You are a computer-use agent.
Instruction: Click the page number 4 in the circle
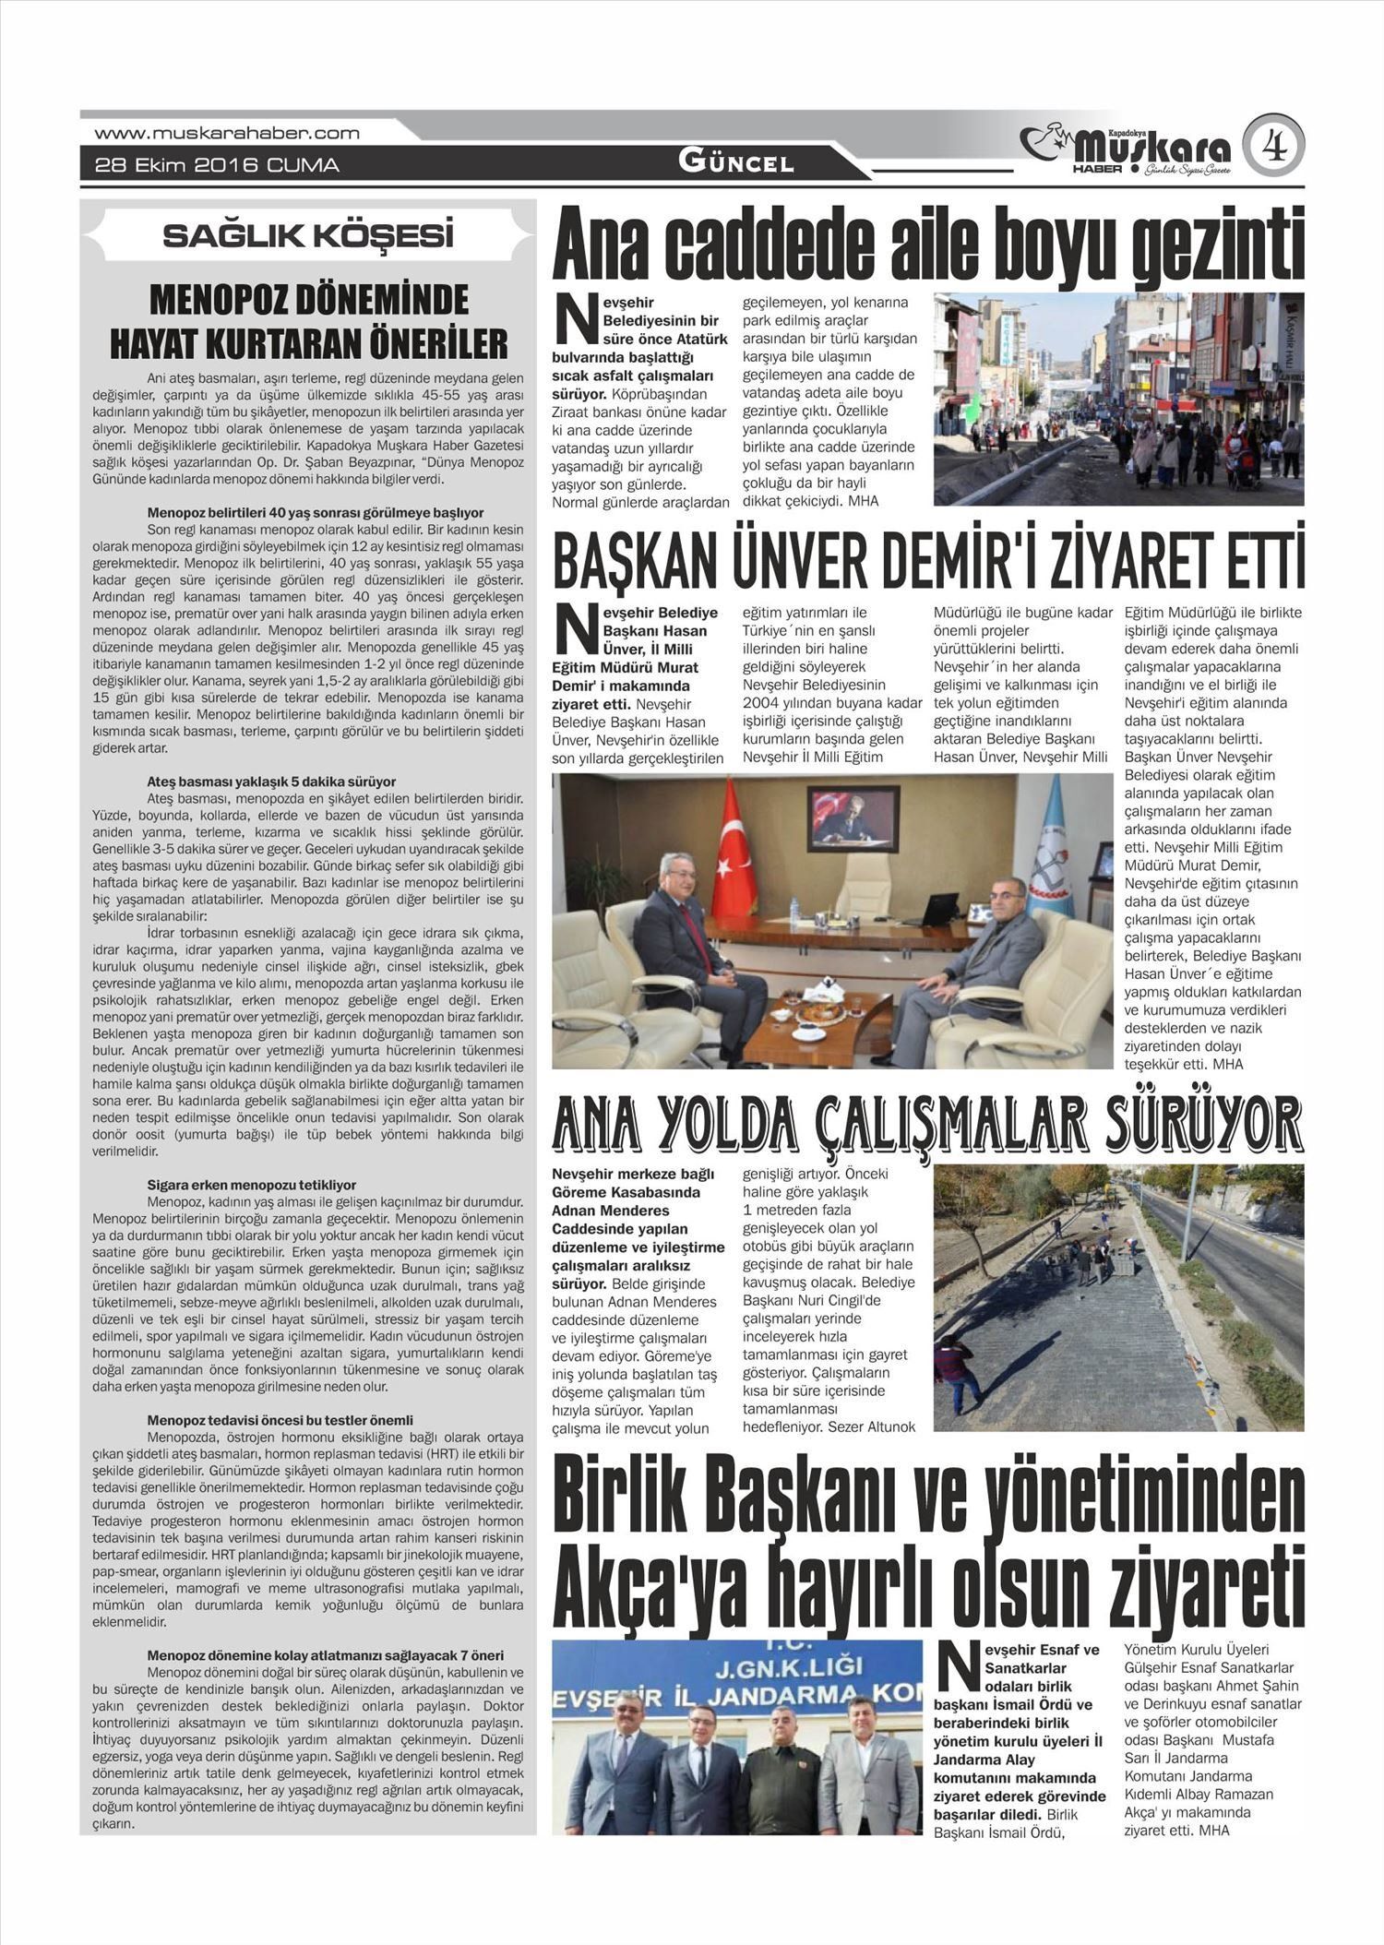pyautogui.click(x=1273, y=145)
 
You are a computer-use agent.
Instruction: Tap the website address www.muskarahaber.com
pyautogui.click(x=227, y=133)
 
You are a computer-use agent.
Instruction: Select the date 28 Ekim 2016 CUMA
pyautogui.click(x=217, y=165)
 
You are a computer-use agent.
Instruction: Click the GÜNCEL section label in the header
pyautogui.click(x=735, y=162)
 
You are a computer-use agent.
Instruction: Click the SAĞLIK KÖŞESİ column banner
pyautogui.click(x=308, y=235)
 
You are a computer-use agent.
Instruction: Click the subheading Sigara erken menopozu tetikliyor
pyautogui.click(x=251, y=1185)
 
